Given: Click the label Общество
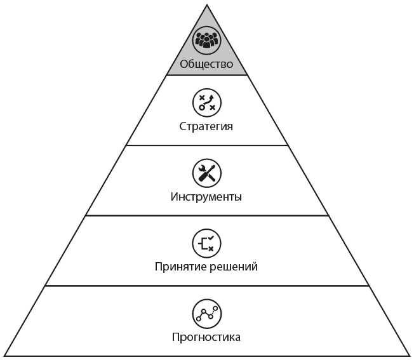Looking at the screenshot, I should (x=206, y=64).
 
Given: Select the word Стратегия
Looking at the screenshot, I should (x=206, y=126).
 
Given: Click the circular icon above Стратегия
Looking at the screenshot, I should (x=206, y=102).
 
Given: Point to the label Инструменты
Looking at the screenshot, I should (x=206, y=196).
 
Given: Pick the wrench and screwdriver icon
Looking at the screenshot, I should (x=206, y=172).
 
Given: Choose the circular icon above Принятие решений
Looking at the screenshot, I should (x=206, y=242).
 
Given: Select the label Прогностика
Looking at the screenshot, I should (x=206, y=337).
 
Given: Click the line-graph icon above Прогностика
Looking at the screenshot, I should (x=206, y=312).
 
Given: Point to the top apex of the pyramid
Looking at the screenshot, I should (x=206, y=5).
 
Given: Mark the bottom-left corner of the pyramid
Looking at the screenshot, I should (x=5, y=356).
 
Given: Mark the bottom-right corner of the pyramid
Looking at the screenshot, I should (x=408, y=356).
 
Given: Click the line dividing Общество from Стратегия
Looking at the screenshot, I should (x=206, y=76).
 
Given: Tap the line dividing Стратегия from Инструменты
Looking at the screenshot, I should (x=206, y=145).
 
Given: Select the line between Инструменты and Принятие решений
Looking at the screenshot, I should (x=206, y=215).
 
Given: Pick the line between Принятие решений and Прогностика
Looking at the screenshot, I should (x=206, y=286).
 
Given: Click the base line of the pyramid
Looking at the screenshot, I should (x=206, y=356).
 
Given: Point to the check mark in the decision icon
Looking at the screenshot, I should (x=211, y=237).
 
